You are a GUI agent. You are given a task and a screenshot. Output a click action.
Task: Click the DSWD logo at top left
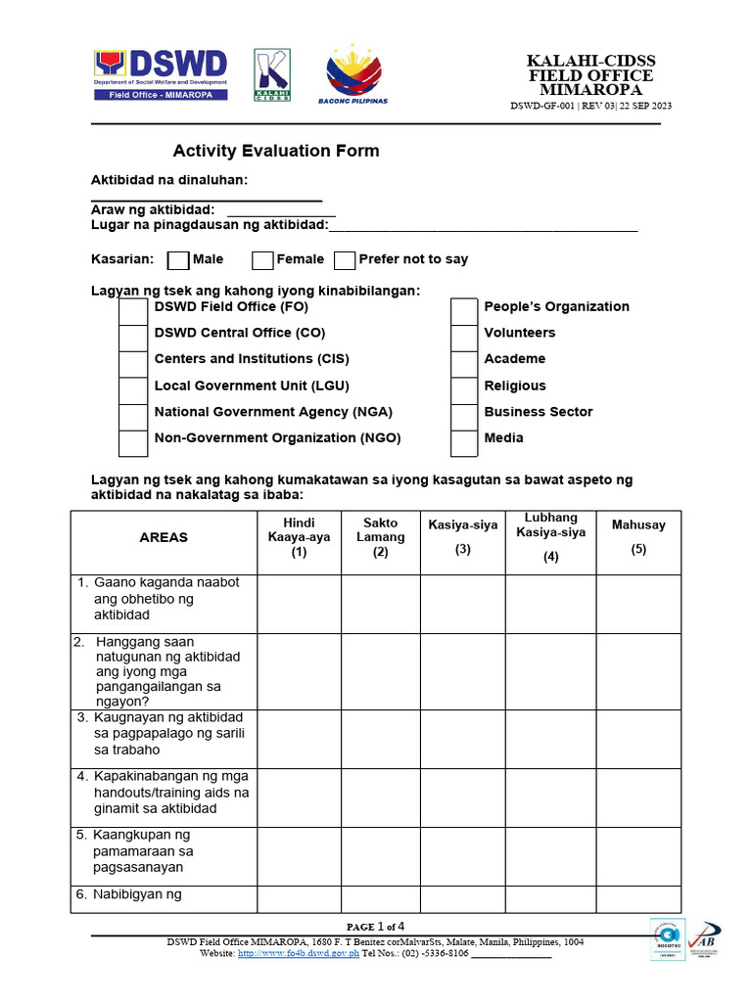[162, 74]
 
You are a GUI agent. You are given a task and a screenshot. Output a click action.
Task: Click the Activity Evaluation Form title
[276, 152]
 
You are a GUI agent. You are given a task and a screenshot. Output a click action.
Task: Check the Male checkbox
[178, 260]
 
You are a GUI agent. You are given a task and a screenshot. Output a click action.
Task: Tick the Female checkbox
[262, 260]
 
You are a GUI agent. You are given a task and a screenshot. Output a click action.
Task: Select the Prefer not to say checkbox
[345, 260]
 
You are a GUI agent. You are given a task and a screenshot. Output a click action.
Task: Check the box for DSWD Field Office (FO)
[133, 311]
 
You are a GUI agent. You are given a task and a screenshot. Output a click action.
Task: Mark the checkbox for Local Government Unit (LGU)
[133, 390]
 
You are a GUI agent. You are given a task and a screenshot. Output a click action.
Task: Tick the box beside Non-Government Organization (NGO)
[133, 443]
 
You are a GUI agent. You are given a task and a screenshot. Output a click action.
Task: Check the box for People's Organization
[464, 311]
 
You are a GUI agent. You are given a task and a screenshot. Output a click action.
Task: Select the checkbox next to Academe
[464, 364]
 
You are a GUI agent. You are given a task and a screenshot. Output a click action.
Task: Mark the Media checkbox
[464, 443]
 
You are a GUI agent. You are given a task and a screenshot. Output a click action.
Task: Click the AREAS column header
[164, 538]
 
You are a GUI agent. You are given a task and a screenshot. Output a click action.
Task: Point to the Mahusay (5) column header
[638, 537]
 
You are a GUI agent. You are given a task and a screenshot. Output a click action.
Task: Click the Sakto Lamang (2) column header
[380, 537]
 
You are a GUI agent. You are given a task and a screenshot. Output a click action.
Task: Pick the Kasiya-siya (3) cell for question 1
[462, 604]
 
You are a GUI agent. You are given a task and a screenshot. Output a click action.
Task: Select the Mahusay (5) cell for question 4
[638, 797]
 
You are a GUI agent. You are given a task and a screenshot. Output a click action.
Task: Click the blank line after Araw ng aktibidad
[281, 211]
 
